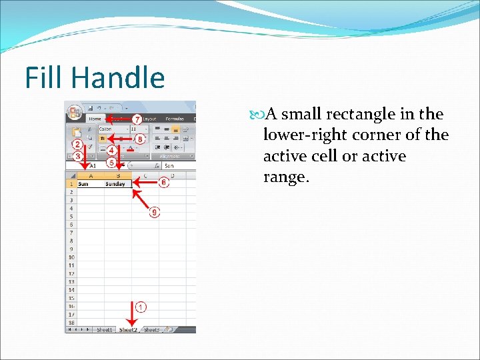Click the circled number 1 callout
[141, 307]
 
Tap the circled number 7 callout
[137, 119]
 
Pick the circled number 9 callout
[155, 212]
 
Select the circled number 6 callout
[163, 182]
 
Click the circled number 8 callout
[139, 139]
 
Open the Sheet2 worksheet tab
[127, 330]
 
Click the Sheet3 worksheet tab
[152, 330]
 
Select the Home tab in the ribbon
[95, 119]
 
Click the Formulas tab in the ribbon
[175, 119]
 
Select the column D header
[171, 176]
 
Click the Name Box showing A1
[90, 165]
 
